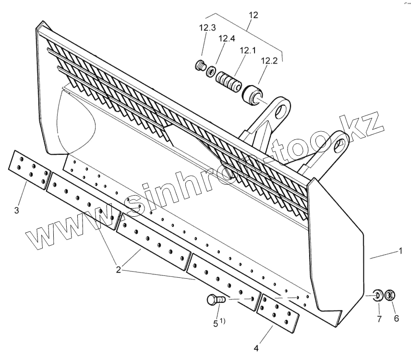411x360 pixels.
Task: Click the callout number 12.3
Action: (x=207, y=28)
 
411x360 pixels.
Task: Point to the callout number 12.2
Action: (x=269, y=61)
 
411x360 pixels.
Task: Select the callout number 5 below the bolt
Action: (x=216, y=323)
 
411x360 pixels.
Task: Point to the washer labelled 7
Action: (x=378, y=294)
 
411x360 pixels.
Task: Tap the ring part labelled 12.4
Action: (x=211, y=72)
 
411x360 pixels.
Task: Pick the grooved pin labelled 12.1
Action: (x=228, y=80)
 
